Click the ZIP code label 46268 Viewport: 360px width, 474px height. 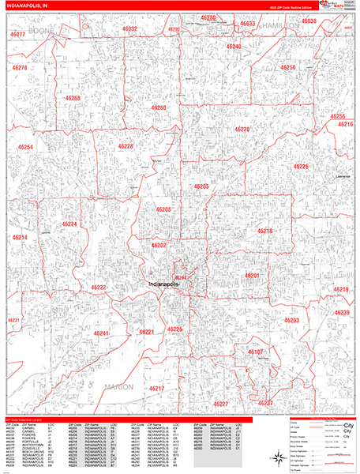click(73, 99)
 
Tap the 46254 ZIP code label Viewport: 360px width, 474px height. click(26, 148)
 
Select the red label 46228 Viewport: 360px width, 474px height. click(126, 146)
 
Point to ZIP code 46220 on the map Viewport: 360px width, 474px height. click(242, 129)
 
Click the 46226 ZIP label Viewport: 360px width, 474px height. click(301, 167)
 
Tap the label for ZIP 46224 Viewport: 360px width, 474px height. click(70, 224)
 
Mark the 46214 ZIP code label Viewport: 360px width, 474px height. click(21, 238)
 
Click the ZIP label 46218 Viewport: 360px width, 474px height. click(264, 231)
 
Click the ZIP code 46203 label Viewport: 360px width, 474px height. click(291, 321)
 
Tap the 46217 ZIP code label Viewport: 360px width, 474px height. click(156, 389)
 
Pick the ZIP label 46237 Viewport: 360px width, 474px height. click(265, 403)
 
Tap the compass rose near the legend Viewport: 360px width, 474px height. click(282, 457)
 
